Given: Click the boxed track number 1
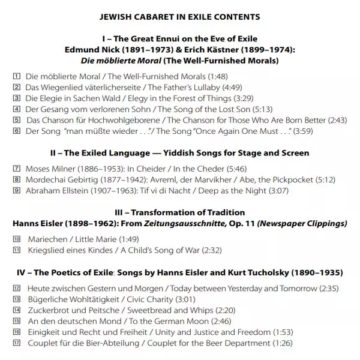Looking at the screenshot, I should point(16,77).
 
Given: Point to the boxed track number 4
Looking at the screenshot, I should point(16,109).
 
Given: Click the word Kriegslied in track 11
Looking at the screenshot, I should point(47,250).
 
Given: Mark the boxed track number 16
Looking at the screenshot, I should point(16,332).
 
